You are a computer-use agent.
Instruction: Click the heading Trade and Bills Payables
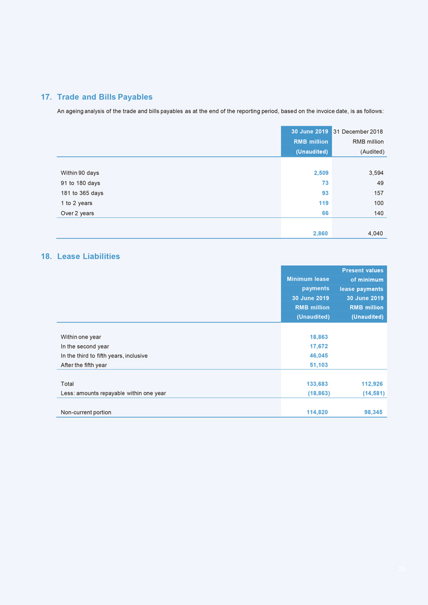(x=105, y=97)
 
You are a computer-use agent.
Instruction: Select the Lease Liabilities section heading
(x=89, y=256)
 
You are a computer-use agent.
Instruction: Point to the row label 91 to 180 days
(x=80, y=183)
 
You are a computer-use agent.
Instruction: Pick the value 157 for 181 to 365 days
(x=377, y=193)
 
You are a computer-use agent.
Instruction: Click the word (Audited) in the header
(x=371, y=152)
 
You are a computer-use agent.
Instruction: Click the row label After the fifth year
(x=84, y=365)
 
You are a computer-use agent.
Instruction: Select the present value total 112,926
(x=370, y=383)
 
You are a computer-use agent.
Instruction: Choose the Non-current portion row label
(x=86, y=412)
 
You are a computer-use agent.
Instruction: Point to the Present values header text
(x=362, y=270)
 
